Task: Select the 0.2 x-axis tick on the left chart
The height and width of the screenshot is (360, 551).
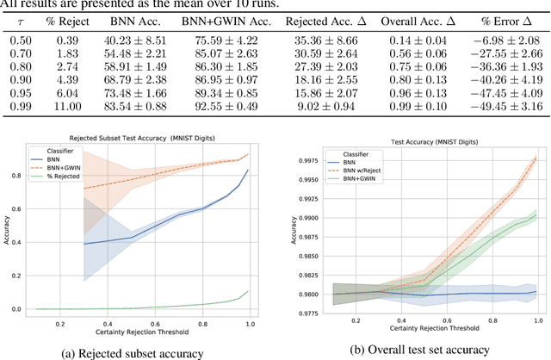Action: (x=59, y=323)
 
